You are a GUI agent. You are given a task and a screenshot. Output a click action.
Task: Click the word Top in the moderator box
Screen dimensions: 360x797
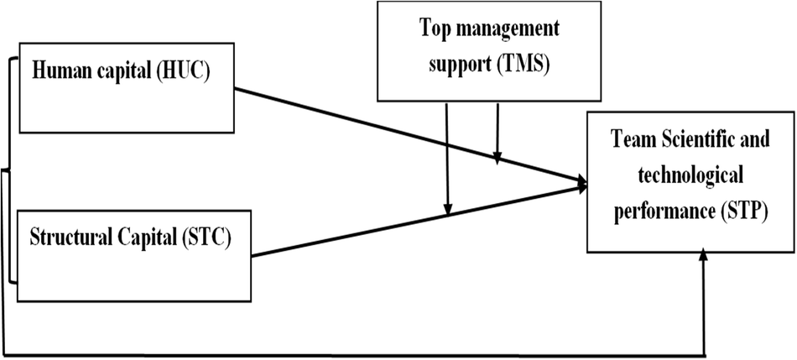click(435, 31)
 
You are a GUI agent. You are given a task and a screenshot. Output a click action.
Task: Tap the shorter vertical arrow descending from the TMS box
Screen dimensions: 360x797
click(497, 130)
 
